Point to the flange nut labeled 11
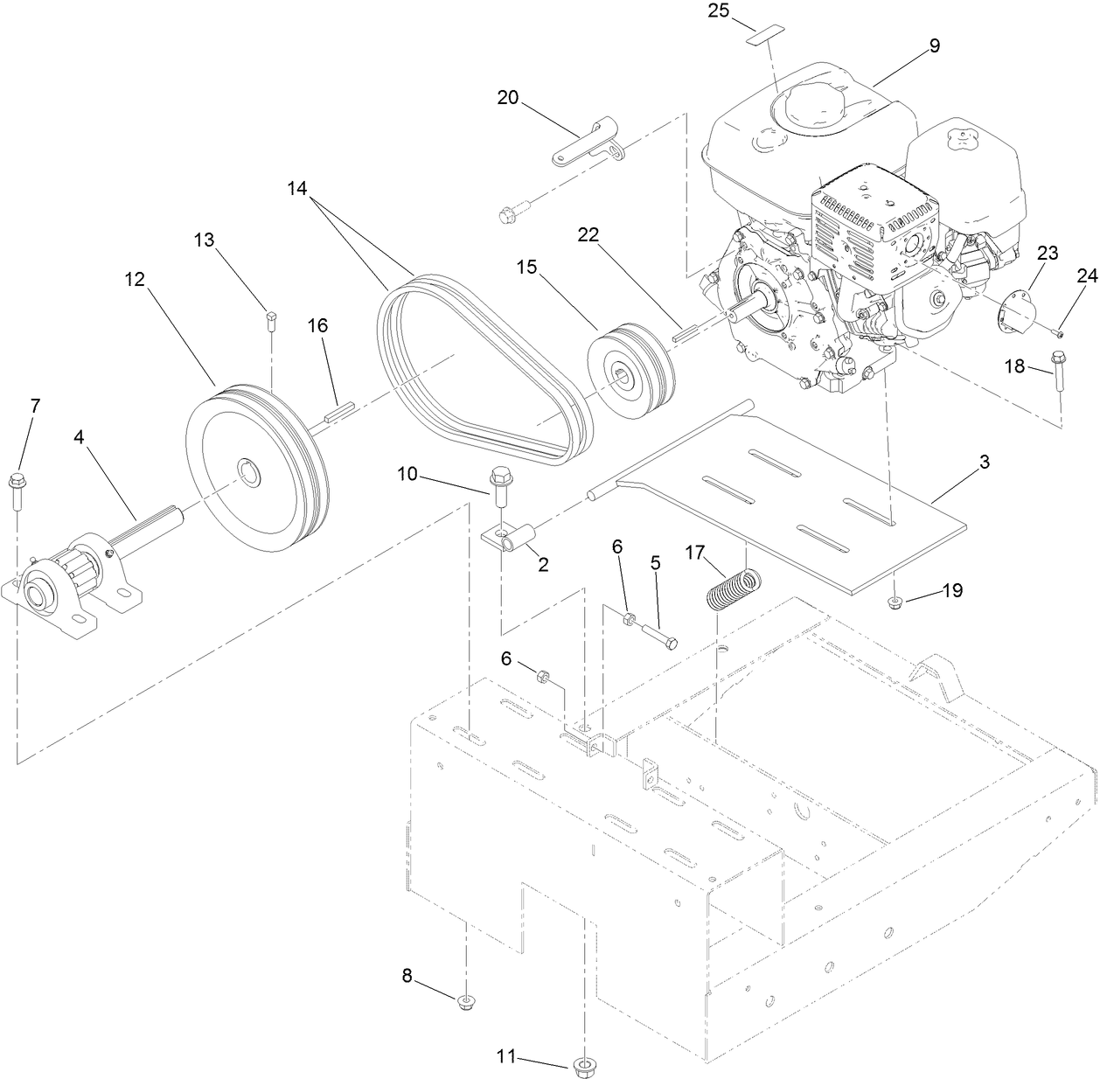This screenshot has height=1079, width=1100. click(x=582, y=1065)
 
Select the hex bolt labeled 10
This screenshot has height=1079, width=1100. click(x=500, y=485)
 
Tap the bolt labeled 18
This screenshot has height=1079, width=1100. click(x=1059, y=372)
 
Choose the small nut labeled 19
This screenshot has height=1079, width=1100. click(x=896, y=601)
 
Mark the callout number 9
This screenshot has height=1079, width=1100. click(x=934, y=45)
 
